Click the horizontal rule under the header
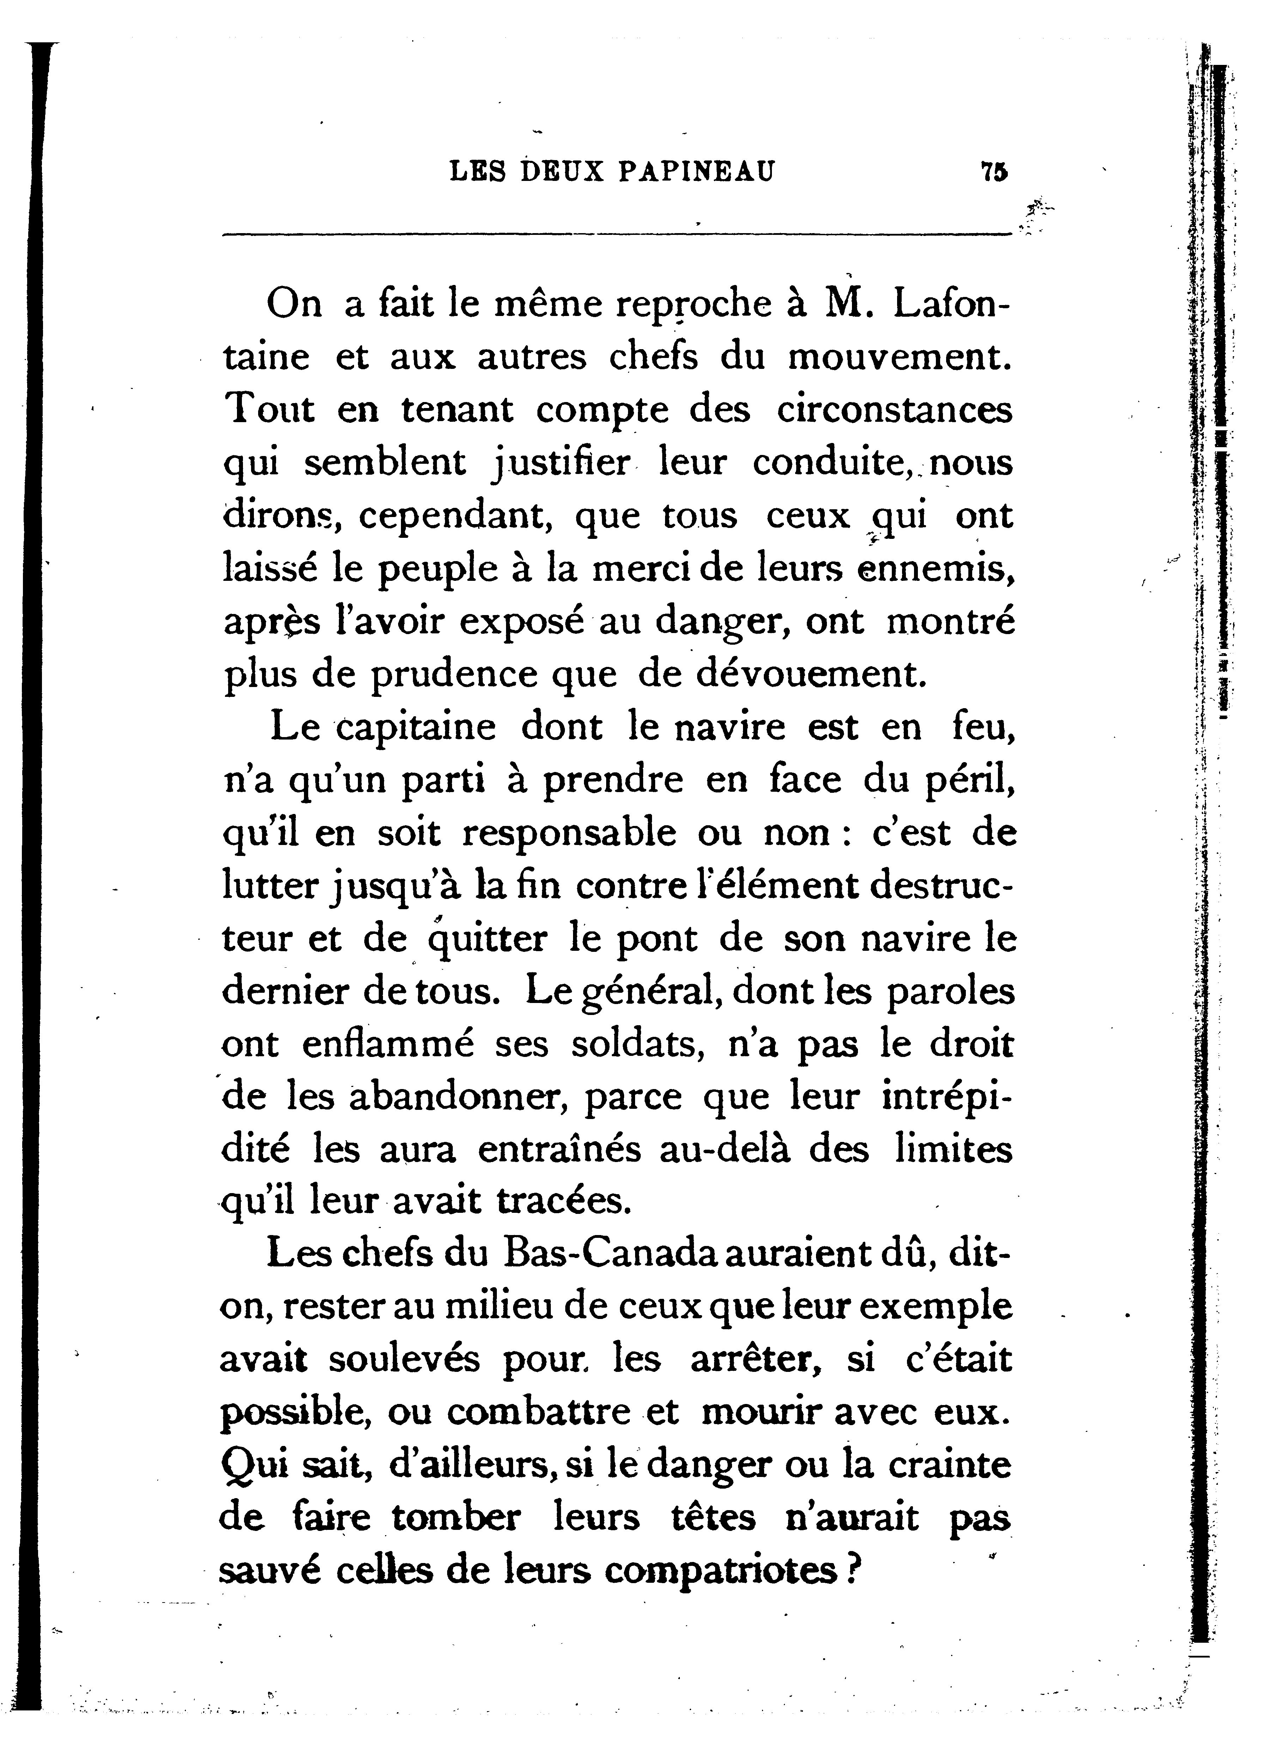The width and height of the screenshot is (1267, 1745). [x=615, y=233]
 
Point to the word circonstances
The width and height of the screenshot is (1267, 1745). [x=894, y=410]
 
